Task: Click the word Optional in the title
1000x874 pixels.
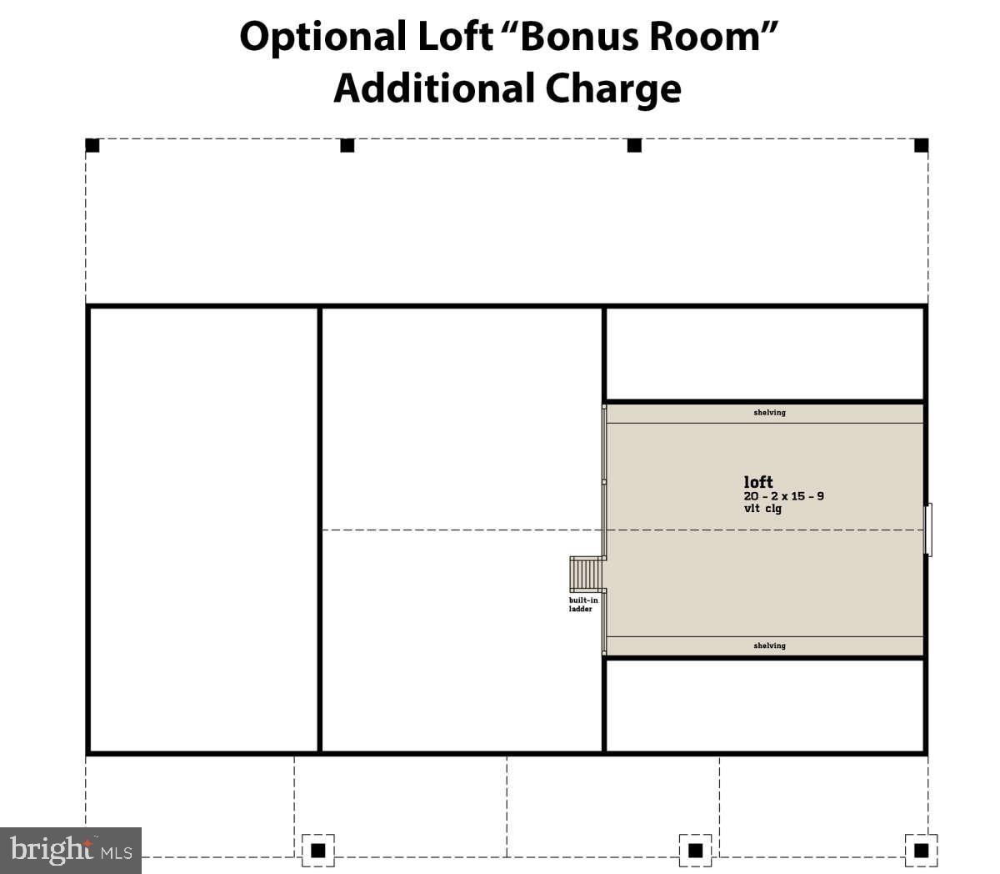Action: tap(323, 38)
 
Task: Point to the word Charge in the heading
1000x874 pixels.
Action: tap(612, 89)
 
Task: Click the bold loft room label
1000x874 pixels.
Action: tap(758, 482)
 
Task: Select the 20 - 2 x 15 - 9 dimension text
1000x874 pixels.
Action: tap(783, 496)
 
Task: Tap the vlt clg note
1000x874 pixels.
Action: tap(762, 509)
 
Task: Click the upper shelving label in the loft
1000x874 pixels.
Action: tap(769, 413)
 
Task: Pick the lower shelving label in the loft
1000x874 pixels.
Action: tap(769, 645)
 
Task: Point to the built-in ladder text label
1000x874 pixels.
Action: tap(583, 605)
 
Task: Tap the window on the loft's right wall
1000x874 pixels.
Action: tap(927, 530)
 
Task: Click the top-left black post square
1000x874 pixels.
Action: tap(92, 145)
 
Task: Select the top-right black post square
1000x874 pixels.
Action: tap(921, 145)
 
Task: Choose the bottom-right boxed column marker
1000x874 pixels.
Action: tap(921, 851)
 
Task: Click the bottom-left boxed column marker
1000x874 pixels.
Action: tap(317, 851)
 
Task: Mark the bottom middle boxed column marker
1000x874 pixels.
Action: tap(695, 851)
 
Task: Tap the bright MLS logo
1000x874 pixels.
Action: tap(71, 850)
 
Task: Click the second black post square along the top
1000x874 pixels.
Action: tap(347, 145)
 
